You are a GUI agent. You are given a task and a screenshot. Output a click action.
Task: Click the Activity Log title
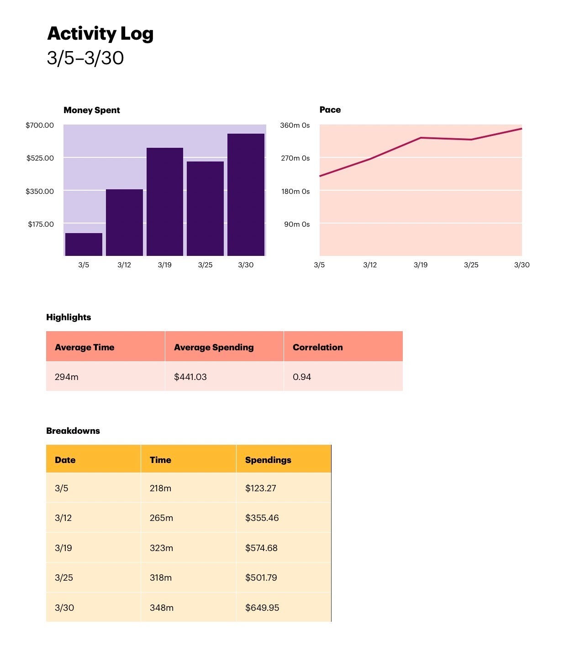[x=100, y=34]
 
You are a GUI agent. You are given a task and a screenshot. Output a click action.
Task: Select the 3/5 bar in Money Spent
[x=84, y=244]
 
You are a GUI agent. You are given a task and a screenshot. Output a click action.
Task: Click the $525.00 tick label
[x=40, y=158]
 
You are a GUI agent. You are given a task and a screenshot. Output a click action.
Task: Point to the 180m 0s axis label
[x=295, y=192]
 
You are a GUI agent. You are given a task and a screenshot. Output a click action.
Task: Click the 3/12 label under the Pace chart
[x=370, y=265]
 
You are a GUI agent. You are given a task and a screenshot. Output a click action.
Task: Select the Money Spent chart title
[x=92, y=110]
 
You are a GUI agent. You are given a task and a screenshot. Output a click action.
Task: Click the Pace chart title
[x=330, y=110]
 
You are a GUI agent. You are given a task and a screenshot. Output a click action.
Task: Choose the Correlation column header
[x=317, y=347]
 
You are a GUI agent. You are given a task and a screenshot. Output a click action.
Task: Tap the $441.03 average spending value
[x=190, y=377]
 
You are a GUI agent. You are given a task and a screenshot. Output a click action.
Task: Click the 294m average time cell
[x=67, y=377]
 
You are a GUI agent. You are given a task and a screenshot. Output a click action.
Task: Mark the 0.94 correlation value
[x=302, y=377]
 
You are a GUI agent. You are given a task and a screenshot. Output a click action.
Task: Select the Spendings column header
[x=268, y=460]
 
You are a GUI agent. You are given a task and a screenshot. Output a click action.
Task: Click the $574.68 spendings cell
[x=261, y=548]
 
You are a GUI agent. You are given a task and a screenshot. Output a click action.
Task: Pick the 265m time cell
[x=161, y=518]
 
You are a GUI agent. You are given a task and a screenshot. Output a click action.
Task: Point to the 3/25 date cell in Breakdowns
[x=64, y=578]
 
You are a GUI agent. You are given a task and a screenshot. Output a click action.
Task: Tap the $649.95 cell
[x=262, y=608]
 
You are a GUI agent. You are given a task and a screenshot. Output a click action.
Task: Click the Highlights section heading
[x=69, y=317]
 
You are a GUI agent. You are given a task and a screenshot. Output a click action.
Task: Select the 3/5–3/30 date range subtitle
[x=85, y=58]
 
